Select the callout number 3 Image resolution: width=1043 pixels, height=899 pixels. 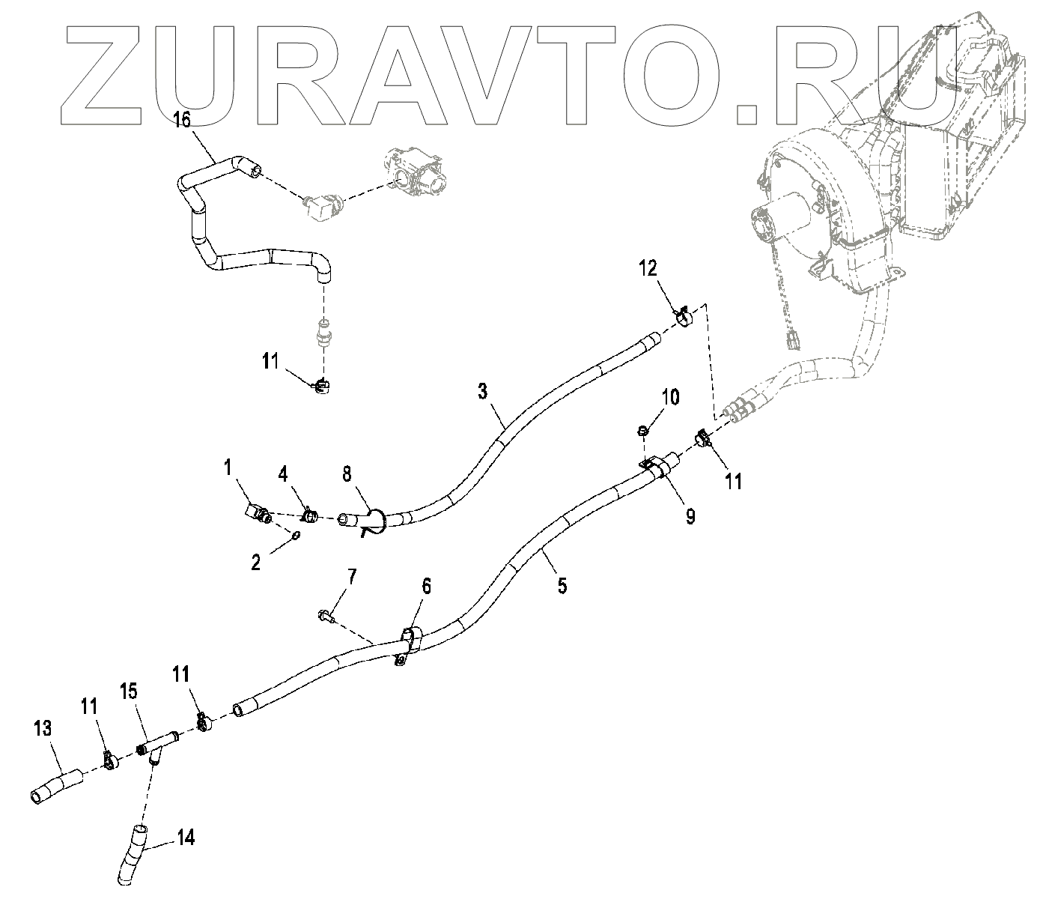tap(483, 391)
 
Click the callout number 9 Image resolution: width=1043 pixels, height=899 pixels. tap(690, 515)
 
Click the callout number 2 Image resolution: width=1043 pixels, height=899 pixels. tap(256, 563)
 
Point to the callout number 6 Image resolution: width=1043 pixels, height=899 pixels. tap(427, 587)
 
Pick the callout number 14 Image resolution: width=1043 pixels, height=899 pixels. tap(186, 837)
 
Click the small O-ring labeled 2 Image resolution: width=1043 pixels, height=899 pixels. tap(296, 535)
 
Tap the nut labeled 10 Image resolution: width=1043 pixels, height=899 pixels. tap(642, 430)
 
